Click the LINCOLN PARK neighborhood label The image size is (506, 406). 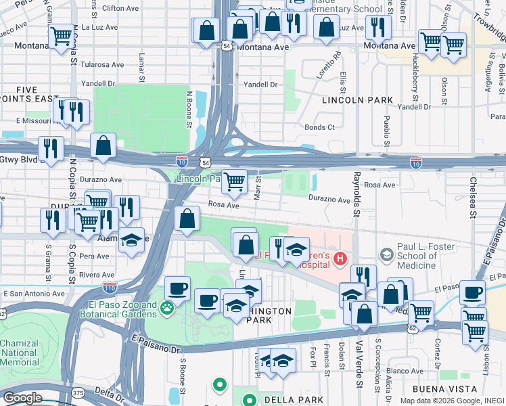click(358, 100)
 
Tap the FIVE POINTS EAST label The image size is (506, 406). click(26, 94)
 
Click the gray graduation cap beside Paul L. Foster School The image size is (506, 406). click(386, 255)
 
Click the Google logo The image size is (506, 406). click(22, 398)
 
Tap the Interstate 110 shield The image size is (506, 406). click(109, 287)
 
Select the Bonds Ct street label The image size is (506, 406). click(319, 127)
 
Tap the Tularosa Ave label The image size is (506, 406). click(103, 65)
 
